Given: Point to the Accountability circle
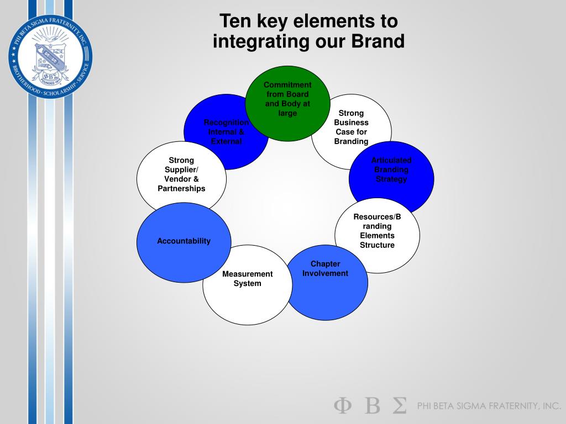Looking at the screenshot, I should [184, 241].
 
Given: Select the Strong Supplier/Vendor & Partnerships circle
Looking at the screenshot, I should [181, 174].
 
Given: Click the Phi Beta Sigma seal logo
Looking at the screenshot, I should [50, 56].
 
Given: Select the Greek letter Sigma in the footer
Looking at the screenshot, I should [399, 406].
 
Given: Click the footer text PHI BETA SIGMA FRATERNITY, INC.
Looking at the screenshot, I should [489, 406].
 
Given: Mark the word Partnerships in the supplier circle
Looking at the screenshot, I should [181, 188].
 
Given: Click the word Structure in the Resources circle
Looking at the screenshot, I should [377, 245].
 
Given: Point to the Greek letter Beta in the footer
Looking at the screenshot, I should [372, 406].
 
